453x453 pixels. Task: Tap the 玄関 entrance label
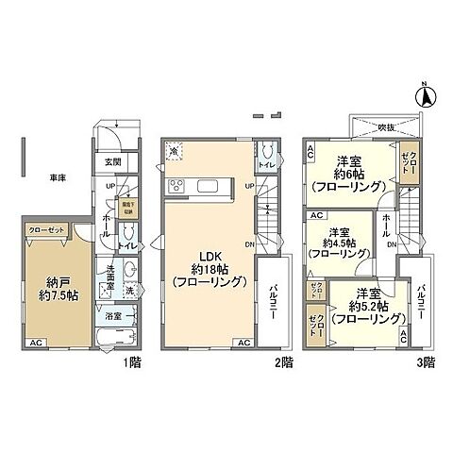(x=110, y=160)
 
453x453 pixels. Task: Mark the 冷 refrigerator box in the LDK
(x=174, y=149)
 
